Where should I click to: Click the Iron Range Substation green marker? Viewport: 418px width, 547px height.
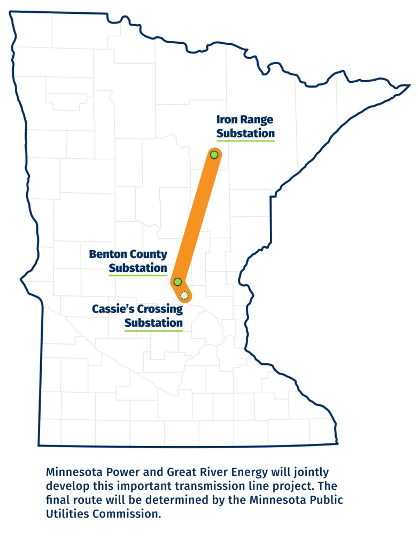tap(214, 154)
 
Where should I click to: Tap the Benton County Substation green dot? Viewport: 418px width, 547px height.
tap(177, 282)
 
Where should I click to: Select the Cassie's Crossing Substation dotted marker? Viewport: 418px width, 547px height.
tap(184, 295)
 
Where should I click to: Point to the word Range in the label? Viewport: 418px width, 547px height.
tap(257, 120)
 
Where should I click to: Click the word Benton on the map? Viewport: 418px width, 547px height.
tap(107, 254)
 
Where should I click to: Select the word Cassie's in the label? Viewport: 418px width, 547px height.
tap(112, 309)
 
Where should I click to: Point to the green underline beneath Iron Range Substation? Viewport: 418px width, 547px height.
tap(245, 140)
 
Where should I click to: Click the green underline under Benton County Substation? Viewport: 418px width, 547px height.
tap(138, 275)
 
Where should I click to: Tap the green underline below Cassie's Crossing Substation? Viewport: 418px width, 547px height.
tap(153, 330)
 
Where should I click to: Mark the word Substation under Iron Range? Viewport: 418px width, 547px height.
tap(245, 133)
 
